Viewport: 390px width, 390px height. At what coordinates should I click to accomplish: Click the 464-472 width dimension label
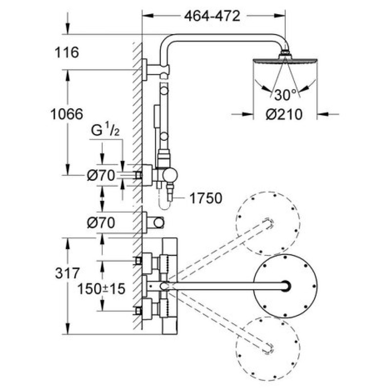pos(213,16)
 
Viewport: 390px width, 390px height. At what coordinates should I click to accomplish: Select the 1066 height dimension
pos(67,115)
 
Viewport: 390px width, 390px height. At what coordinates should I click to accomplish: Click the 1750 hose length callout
pos(205,198)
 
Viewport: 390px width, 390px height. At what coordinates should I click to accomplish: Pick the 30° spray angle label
pos(285,94)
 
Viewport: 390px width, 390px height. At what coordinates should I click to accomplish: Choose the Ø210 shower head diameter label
pos(284,115)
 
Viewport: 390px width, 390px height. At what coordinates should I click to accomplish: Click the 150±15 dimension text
pos(101,288)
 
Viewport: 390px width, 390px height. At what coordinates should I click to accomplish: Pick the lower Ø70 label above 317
pos(100,223)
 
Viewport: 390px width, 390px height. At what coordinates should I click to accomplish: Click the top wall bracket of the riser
pos(148,69)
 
